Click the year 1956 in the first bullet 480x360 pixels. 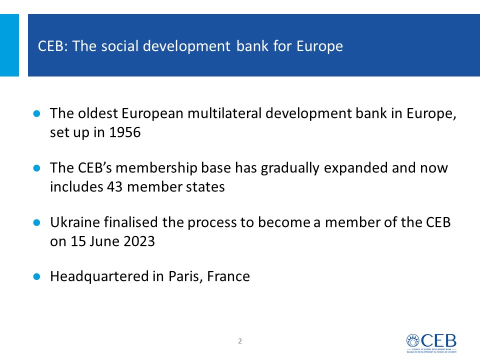125,132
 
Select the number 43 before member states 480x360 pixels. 115,186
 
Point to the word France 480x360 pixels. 228,276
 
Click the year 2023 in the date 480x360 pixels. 139,241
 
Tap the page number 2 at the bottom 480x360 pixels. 240,341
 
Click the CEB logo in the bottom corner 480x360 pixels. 431,343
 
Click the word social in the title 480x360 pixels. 119,46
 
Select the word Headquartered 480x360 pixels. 99,276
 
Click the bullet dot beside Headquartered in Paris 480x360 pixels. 36,276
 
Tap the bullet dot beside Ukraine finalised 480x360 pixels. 36,222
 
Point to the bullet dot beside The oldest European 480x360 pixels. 36,113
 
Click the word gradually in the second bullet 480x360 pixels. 290,168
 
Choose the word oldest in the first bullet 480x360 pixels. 98,113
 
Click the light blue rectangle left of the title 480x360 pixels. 9,45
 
